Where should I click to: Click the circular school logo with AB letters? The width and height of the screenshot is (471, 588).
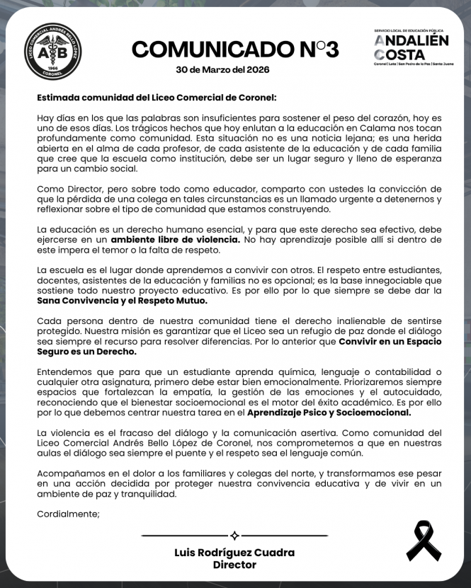tap(52, 52)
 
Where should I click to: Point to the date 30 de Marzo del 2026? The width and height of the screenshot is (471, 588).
tap(222, 70)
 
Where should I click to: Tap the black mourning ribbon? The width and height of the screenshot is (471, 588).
tap(423, 540)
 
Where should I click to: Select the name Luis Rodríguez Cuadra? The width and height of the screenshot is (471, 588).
tap(234, 553)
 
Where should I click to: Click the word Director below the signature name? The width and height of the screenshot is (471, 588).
tap(234, 565)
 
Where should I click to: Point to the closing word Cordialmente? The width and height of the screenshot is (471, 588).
tap(69, 514)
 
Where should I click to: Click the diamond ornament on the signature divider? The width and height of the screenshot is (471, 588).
tap(234, 536)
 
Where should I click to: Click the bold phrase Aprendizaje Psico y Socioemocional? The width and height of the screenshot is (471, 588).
tap(330, 413)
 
